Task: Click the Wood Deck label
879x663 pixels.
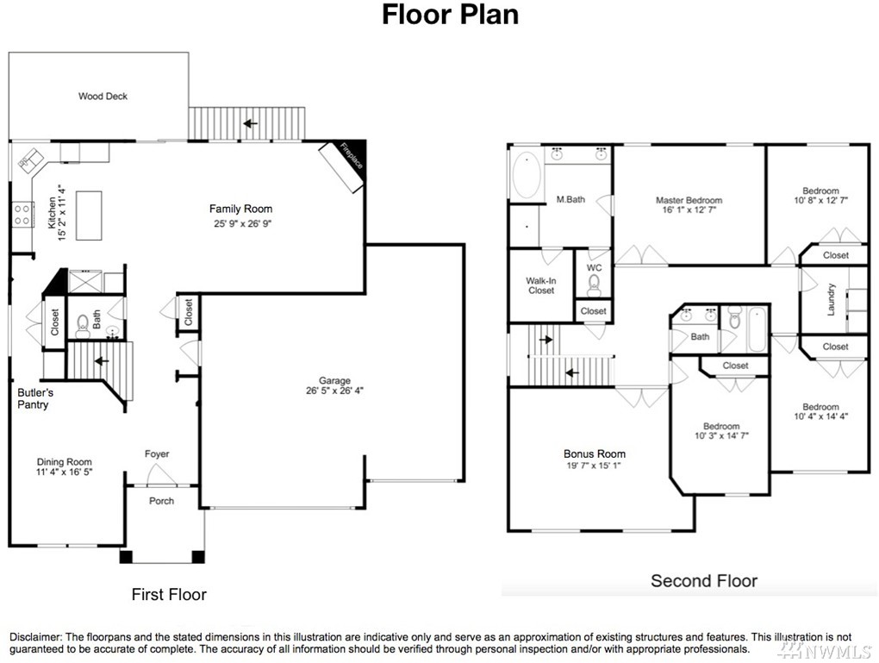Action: (x=103, y=97)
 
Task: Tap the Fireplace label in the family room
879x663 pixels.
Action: (x=352, y=156)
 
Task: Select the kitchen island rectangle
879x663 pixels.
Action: (x=89, y=216)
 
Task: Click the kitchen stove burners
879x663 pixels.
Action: (x=22, y=215)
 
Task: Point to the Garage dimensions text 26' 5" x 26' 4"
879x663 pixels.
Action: (x=334, y=391)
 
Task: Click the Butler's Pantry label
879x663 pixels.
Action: (x=34, y=399)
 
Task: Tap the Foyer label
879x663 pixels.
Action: (x=156, y=453)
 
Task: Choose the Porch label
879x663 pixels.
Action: (x=161, y=501)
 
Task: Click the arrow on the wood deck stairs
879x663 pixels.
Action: (x=250, y=123)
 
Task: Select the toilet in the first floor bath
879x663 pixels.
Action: (x=83, y=326)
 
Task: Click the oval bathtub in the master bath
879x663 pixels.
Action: (x=527, y=174)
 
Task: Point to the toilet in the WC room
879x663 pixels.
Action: (x=595, y=285)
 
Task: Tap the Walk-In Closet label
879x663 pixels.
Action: (x=541, y=285)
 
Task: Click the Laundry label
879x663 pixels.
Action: (x=832, y=299)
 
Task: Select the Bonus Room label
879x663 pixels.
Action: (x=595, y=453)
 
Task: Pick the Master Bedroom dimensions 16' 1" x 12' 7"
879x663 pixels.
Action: (x=689, y=210)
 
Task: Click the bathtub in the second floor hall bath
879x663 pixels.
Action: (x=757, y=329)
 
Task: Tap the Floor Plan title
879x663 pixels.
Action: (x=450, y=16)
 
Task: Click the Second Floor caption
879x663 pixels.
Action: (x=704, y=580)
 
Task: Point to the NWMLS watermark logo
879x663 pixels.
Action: (x=826, y=651)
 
